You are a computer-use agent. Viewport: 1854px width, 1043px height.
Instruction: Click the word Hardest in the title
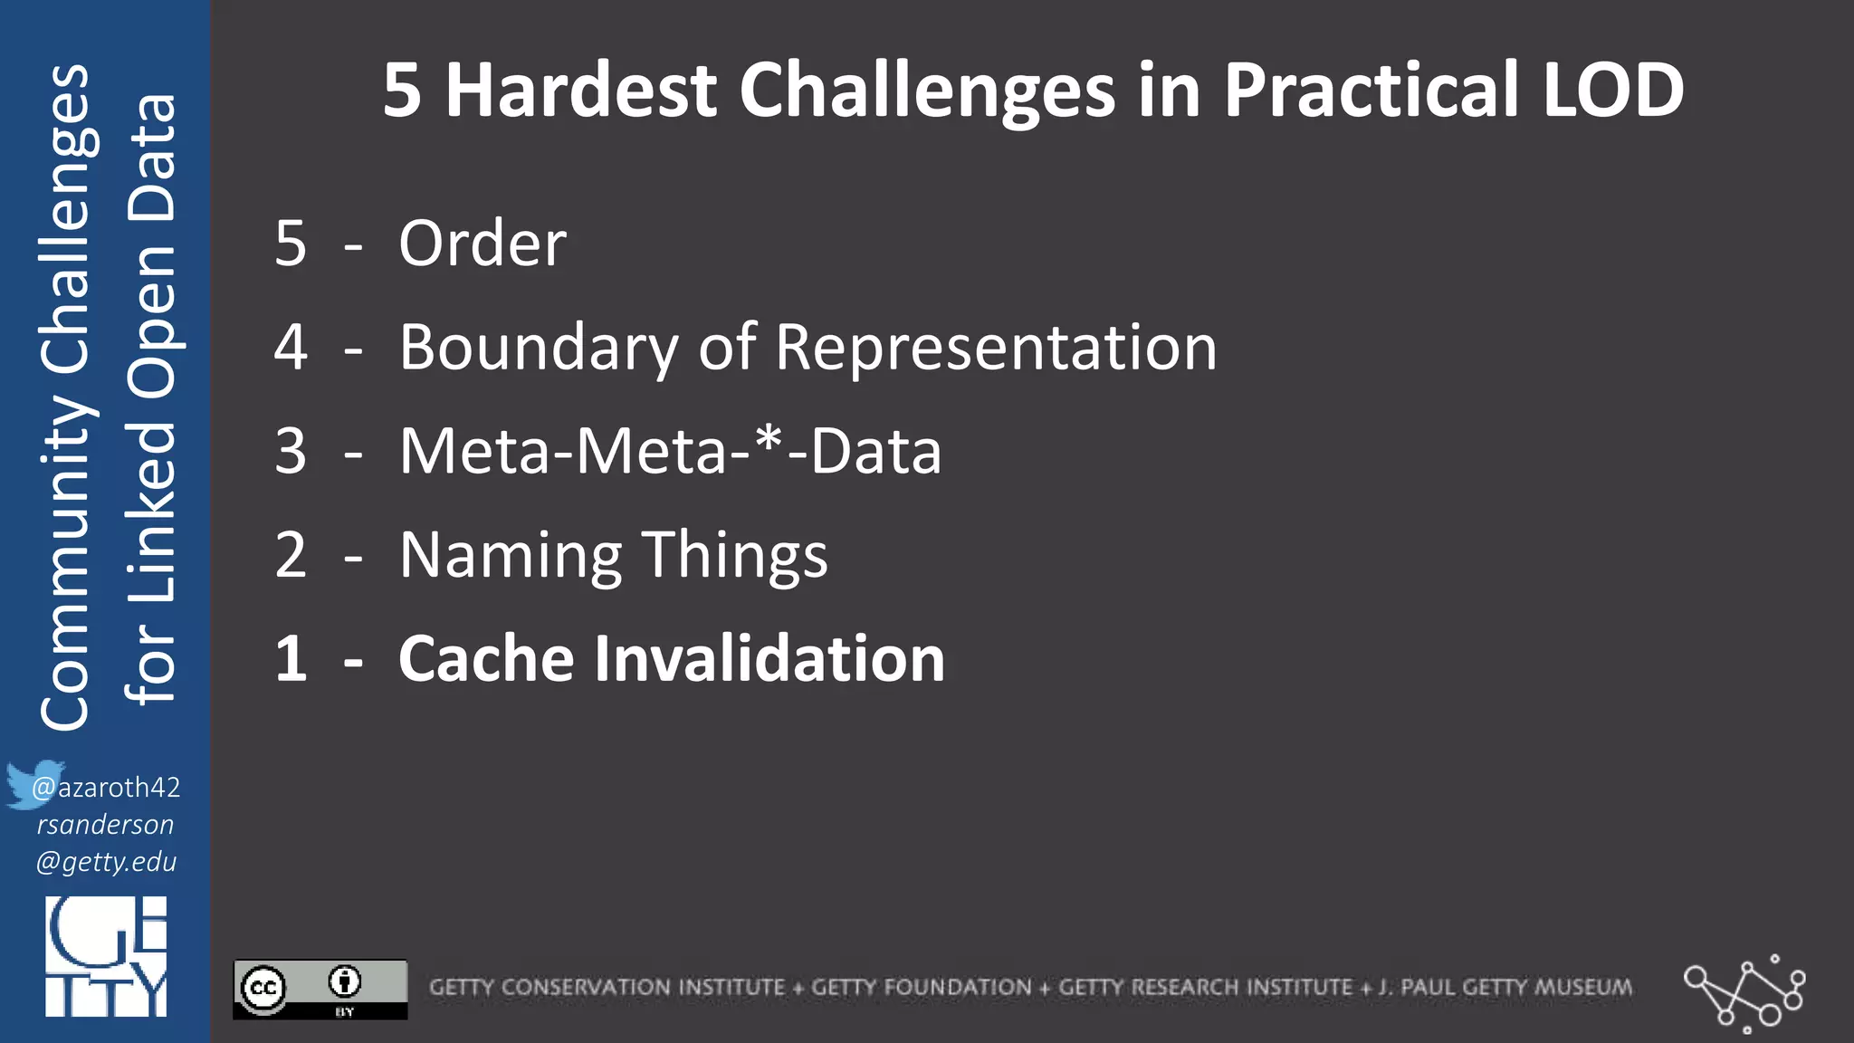point(580,91)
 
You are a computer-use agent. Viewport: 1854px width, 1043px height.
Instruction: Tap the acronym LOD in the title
point(1612,91)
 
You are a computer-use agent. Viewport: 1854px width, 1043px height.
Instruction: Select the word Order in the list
point(483,244)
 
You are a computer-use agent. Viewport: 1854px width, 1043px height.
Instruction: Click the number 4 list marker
point(291,348)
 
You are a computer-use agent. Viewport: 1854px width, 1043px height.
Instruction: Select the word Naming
point(510,555)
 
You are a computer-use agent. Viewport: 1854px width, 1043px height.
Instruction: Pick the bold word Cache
point(485,658)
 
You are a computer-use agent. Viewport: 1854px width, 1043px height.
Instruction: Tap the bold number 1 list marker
point(291,658)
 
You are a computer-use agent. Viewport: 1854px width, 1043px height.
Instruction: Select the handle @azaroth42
point(107,787)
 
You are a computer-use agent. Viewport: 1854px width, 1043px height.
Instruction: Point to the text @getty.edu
point(106,861)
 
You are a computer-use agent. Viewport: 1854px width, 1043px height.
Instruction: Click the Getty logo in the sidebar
point(106,956)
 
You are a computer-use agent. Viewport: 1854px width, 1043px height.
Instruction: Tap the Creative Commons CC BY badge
point(320,989)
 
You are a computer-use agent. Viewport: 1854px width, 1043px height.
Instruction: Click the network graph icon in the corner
point(1744,992)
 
